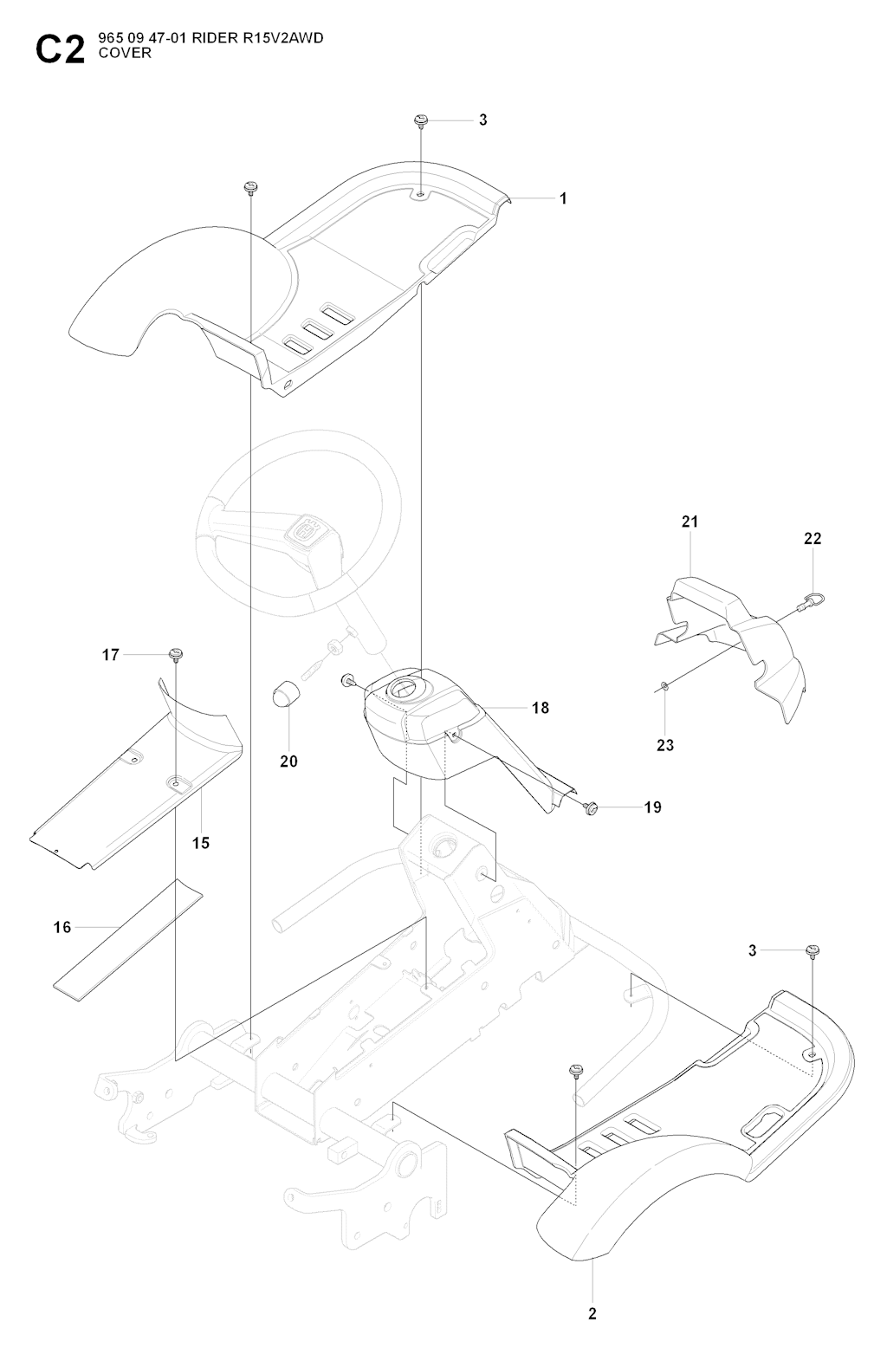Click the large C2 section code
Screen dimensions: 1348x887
(x=60, y=50)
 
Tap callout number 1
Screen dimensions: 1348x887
(x=563, y=198)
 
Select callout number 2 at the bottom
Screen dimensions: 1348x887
(x=592, y=1314)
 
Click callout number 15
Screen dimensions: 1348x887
(x=201, y=842)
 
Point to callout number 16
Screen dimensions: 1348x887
(x=62, y=928)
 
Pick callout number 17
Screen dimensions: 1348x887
(x=111, y=655)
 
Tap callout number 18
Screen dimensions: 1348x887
(x=541, y=708)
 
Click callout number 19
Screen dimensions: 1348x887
(x=653, y=807)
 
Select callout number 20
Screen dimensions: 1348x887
(x=288, y=761)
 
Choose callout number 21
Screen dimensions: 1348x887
(x=690, y=522)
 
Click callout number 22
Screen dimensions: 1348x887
(x=813, y=538)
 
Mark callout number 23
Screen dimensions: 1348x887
(x=665, y=745)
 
